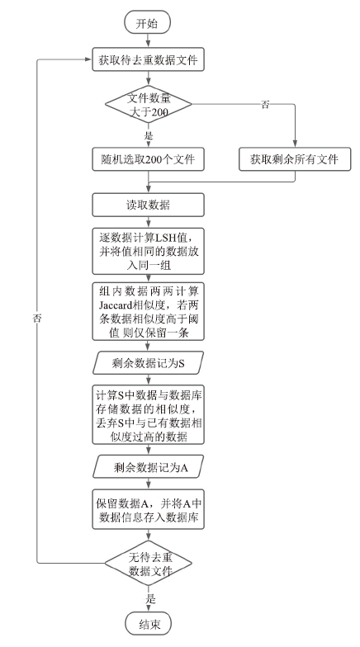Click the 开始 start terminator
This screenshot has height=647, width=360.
coord(147,22)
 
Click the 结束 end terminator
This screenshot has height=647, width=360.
coord(148,623)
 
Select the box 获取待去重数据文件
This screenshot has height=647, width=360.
coord(148,59)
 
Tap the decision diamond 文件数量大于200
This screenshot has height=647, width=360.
coord(149,104)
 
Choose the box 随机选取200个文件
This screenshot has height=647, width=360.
coord(148,159)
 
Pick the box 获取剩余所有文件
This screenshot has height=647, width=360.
coord(295,159)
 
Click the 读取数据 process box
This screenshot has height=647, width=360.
coord(148,205)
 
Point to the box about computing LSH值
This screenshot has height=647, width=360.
coord(148,251)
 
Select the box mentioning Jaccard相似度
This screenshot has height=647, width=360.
coord(148,312)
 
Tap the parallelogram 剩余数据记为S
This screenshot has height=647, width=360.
coord(148,363)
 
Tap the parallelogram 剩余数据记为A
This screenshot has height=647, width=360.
coord(148,467)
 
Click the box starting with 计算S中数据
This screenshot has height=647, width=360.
coord(148,414)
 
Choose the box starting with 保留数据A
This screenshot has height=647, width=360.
coord(148,509)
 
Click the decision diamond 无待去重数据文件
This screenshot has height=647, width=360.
coord(149,563)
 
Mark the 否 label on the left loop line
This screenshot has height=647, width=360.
coord(37,319)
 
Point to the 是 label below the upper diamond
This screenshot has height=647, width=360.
coord(149,135)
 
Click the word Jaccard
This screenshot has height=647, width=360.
coord(115,305)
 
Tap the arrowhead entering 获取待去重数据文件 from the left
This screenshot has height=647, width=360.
coord(88,59)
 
